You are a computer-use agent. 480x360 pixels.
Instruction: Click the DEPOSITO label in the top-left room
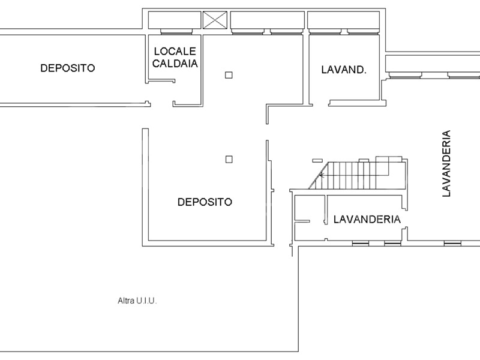point(68,68)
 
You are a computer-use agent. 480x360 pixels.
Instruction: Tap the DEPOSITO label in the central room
point(205,202)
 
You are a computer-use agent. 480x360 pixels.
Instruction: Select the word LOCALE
point(175,51)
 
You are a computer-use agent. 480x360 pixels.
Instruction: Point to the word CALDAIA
point(175,64)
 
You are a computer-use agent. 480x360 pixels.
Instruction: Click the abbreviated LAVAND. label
point(344,70)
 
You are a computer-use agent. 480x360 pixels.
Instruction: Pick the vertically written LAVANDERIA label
point(446,163)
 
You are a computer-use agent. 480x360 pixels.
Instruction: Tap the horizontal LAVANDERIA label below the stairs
point(367,219)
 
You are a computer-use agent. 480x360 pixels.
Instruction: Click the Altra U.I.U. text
point(137,301)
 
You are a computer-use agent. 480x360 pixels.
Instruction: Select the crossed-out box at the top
point(215,20)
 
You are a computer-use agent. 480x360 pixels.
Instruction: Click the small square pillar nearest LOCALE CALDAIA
point(229,75)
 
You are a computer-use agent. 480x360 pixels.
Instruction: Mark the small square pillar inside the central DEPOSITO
point(229,159)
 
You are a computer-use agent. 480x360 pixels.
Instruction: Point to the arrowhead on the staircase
point(321,175)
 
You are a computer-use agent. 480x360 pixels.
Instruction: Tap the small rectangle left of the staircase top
point(317,160)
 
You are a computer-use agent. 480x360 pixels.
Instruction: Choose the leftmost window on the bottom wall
point(361,244)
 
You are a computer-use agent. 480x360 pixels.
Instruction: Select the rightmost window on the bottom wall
point(452,244)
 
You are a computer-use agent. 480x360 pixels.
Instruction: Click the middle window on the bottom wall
point(392,244)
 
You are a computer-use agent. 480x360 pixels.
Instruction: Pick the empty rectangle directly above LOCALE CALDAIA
point(175,20)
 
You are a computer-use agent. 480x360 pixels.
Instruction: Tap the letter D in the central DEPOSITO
point(181,202)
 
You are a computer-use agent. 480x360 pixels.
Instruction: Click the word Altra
point(126,301)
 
